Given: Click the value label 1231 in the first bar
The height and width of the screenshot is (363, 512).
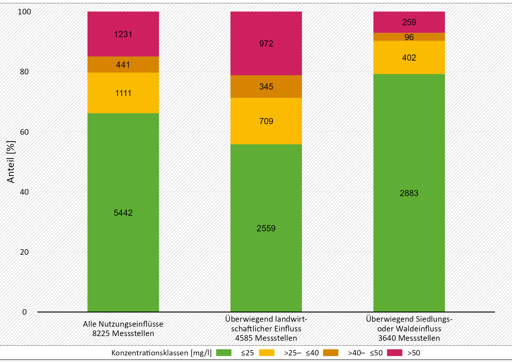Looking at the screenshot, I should [123, 35].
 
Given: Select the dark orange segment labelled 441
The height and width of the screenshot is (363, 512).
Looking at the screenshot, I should [123, 65].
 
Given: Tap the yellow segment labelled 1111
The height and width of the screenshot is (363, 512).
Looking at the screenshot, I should [123, 93].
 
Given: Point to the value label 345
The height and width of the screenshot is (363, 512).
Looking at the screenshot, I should [266, 87].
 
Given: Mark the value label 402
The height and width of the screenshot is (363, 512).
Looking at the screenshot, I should [409, 58].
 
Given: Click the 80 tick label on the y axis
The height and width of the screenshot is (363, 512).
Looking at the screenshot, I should [25, 72].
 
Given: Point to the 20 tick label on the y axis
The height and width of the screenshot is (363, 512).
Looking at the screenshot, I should [25, 252].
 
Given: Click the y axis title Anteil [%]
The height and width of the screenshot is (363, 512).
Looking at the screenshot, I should [11, 162].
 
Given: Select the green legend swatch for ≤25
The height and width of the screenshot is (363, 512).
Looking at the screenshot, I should [223, 353].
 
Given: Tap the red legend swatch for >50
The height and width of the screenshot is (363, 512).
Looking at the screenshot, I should [394, 353].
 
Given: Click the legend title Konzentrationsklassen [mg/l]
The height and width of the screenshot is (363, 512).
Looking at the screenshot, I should [161, 353].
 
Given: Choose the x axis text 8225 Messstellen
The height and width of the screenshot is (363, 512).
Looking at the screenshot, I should [123, 333].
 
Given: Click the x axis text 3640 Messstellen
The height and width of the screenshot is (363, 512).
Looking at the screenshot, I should [409, 338].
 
